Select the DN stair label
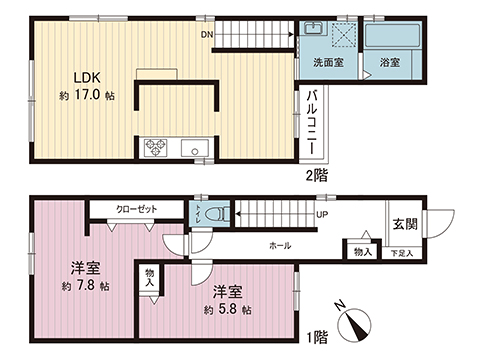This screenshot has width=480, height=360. pyautogui.click(x=206, y=36)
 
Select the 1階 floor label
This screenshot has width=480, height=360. pyautogui.click(x=317, y=337)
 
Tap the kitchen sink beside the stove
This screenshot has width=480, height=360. pyautogui.click(x=192, y=149)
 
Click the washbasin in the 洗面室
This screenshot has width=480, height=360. pyautogui.click(x=313, y=30)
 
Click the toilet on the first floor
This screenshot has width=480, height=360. pyautogui.click(x=220, y=214)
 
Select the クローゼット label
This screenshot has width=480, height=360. pyautogui.click(x=134, y=210)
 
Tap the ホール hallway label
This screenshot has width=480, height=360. pyautogui.click(x=281, y=245)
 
